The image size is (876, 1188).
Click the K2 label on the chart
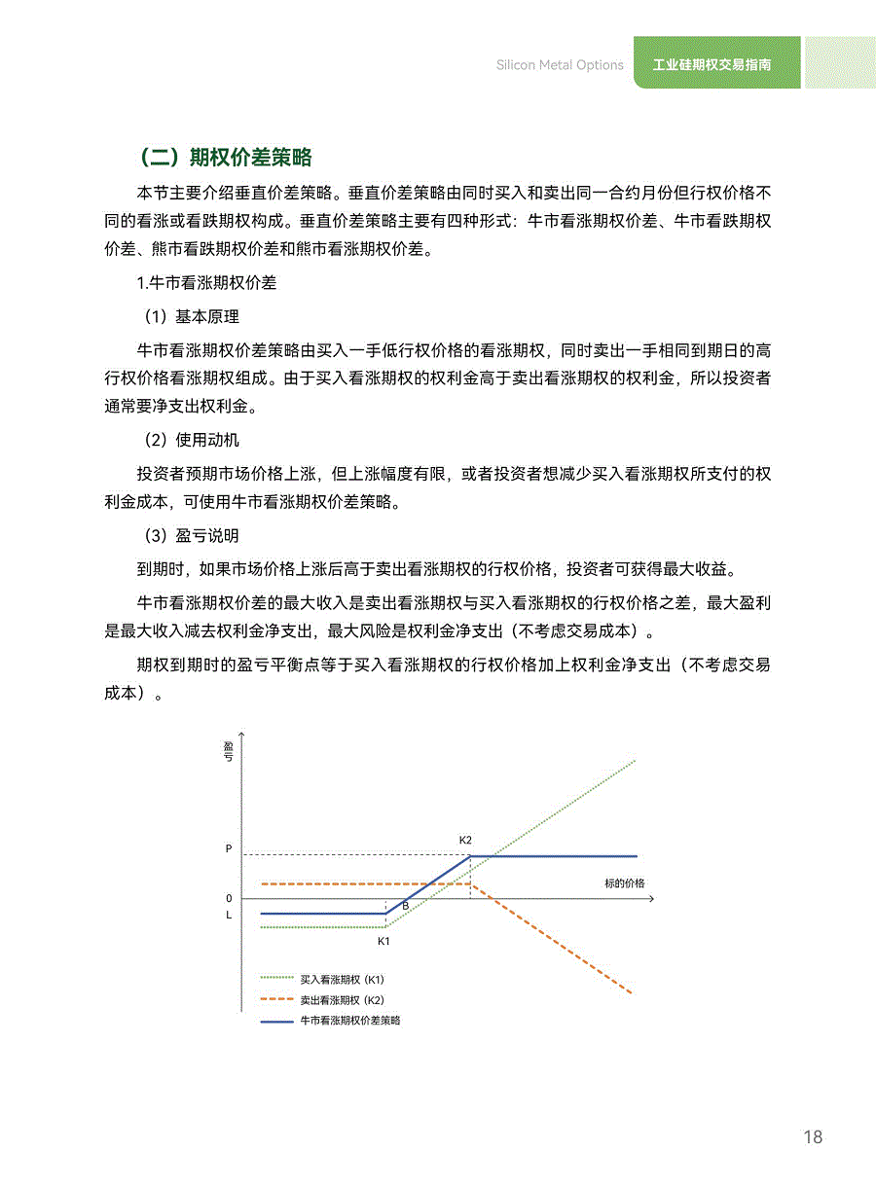pyautogui.click(x=465, y=839)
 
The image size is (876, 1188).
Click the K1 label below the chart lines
pyautogui.click(x=383, y=941)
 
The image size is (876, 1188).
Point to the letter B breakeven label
pyautogui.click(x=405, y=906)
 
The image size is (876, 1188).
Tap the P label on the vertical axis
pyautogui.click(x=229, y=848)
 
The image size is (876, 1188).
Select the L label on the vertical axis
pyautogui.click(x=229, y=915)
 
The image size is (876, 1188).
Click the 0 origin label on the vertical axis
pyautogui.click(x=229, y=898)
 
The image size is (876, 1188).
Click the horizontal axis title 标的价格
pyautogui.click(x=624, y=883)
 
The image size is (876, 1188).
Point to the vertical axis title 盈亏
pyautogui.click(x=229, y=750)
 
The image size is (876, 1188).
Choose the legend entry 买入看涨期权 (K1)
pyautogui.click(x=342, y=979)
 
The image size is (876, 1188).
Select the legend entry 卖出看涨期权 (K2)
pyautogui.click(x=342, y=999)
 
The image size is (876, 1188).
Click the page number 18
pyautogui.click(x=813, y=1137)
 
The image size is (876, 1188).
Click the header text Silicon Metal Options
pyautogui.click(x=560, y=65)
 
